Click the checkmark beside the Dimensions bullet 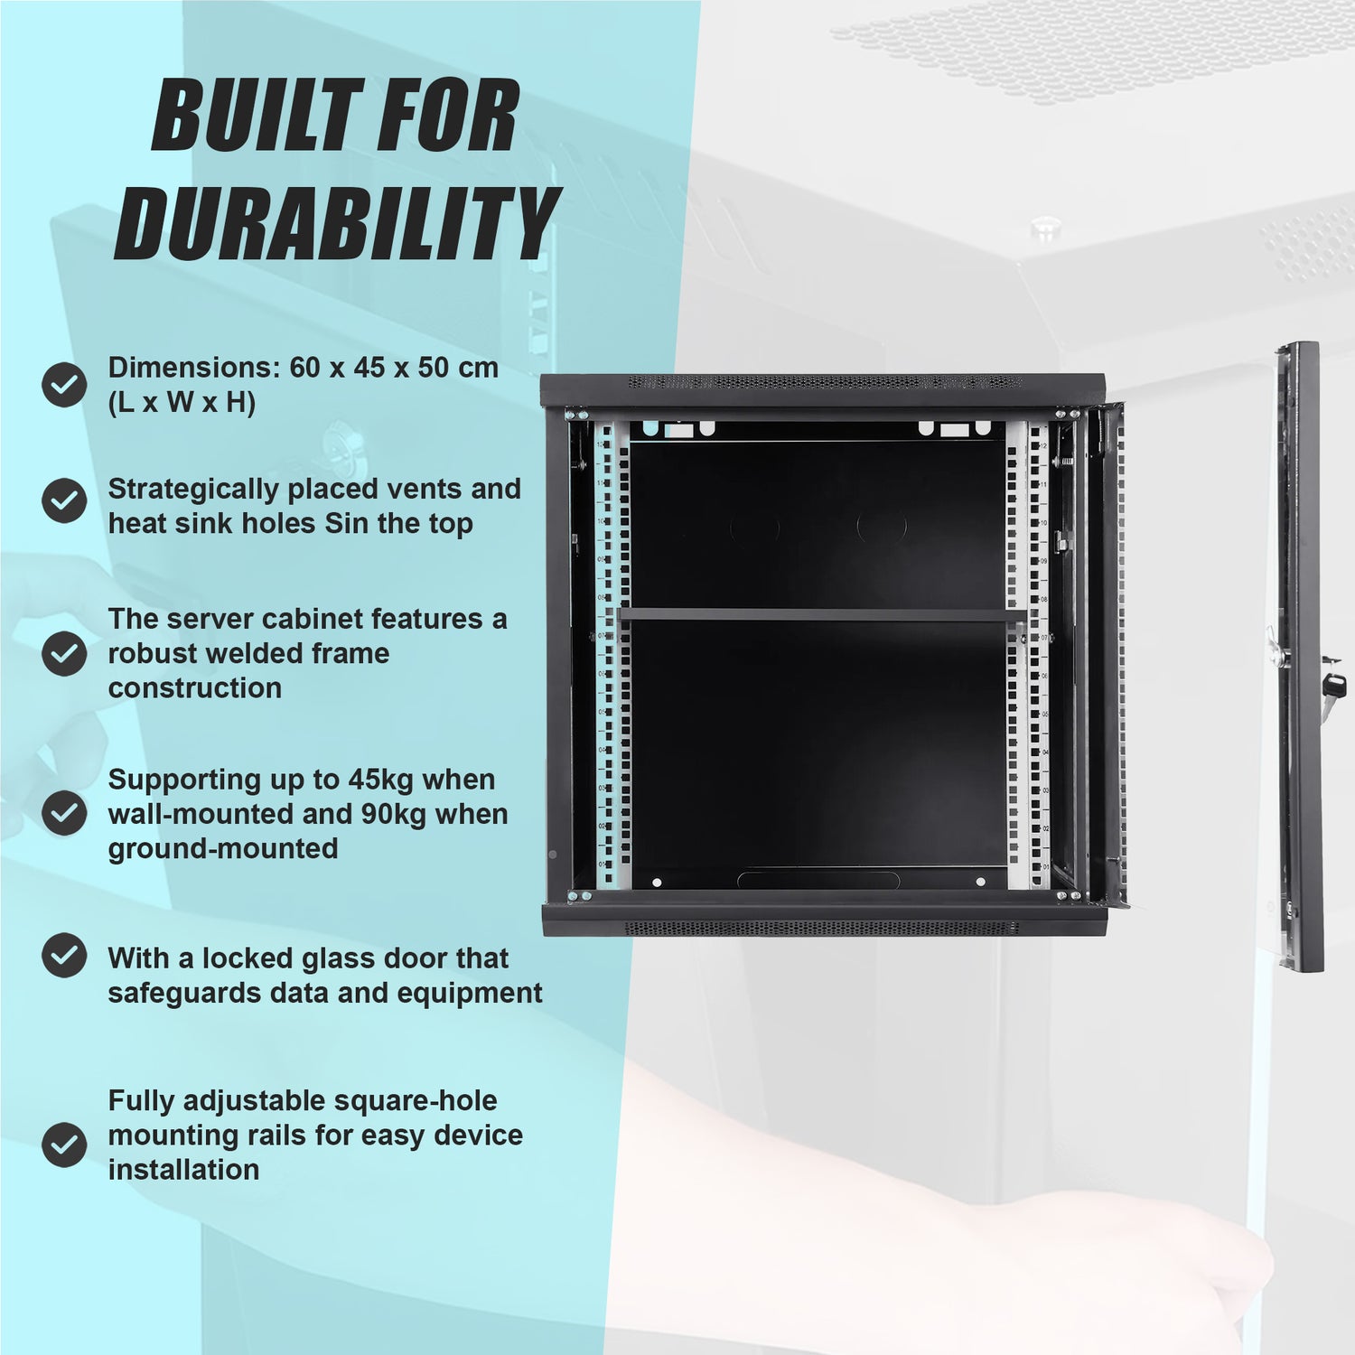64,385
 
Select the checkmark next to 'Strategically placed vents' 64,500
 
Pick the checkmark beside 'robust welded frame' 64,653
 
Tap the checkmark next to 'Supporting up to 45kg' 64,814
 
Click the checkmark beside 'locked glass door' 64,956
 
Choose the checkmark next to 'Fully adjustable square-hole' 64,1145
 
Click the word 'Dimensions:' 194,368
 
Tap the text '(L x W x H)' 182,403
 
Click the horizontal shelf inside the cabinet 822,615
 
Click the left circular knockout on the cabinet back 754,526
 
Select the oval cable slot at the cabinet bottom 818,880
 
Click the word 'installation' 183,1170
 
